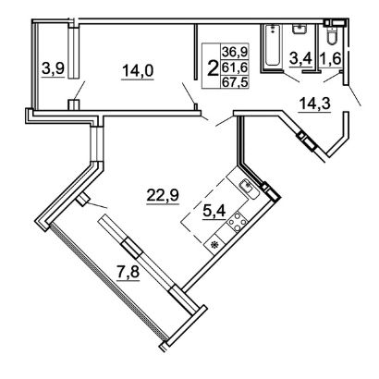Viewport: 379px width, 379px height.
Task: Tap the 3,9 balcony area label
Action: coord(53,67)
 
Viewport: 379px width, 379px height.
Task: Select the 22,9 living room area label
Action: coord(163,195)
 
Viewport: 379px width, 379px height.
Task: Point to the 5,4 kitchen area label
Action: coord(214,211)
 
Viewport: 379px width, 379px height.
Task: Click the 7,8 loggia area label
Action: coord(128,273)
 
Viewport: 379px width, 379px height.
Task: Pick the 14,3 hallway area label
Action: coord(314,104)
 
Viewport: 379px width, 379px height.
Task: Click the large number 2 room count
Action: coord(212,67)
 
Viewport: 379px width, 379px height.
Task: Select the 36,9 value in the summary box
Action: coord(235,52)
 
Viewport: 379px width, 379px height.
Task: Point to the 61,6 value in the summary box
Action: coord(235,67)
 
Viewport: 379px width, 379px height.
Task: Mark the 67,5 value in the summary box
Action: coord(235,82)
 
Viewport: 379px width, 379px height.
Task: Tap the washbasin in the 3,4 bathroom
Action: coord(299,30)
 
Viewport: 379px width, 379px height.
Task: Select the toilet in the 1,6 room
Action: coord(332,35)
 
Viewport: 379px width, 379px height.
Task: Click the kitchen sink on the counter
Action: coord(250,189)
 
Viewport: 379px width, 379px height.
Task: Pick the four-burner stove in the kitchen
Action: coord(237,222)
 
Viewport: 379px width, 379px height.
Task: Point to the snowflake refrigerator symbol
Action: coord(214,245)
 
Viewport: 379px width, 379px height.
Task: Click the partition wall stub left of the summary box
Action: coord(196,52)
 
